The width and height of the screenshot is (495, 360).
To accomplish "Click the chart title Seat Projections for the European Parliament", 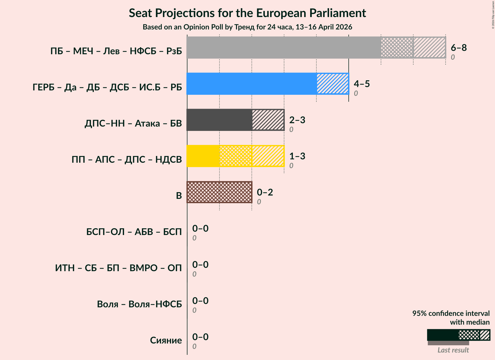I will click(247, 13).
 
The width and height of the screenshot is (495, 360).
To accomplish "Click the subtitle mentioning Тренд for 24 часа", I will click(247, 27).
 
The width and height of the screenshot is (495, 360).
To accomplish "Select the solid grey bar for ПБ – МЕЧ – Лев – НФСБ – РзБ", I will click(284, 48).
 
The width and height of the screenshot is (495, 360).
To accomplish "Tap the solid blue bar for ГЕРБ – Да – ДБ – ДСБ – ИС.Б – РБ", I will click(252, 84).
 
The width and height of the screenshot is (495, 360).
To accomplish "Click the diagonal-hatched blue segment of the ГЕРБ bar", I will click(332, 84).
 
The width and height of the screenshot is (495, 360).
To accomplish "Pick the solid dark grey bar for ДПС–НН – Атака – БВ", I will click(219, 120).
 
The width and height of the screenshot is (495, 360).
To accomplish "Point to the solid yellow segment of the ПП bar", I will click(203, 156).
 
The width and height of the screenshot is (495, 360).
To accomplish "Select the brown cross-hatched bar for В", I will click(219, 192).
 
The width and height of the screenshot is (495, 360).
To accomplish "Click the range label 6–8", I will click(459, 48).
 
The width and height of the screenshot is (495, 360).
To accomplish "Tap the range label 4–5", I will click(362, 84).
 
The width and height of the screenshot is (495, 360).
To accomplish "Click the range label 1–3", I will click(297, 156).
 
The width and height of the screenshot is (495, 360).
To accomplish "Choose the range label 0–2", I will click(265, 192).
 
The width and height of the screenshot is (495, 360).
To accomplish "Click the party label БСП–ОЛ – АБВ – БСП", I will click(134, 232).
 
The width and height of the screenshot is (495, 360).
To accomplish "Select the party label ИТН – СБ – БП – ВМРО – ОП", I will click(118, 268).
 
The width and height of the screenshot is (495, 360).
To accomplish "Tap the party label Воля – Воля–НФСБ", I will click(139, 304).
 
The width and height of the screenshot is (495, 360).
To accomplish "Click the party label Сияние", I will click(166, 340).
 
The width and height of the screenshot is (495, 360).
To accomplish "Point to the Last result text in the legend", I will click(453, 350).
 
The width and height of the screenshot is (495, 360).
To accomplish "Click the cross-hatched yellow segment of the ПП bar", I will click(235, 156).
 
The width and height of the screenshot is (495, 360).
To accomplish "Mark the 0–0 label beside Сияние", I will click(200, 337).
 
